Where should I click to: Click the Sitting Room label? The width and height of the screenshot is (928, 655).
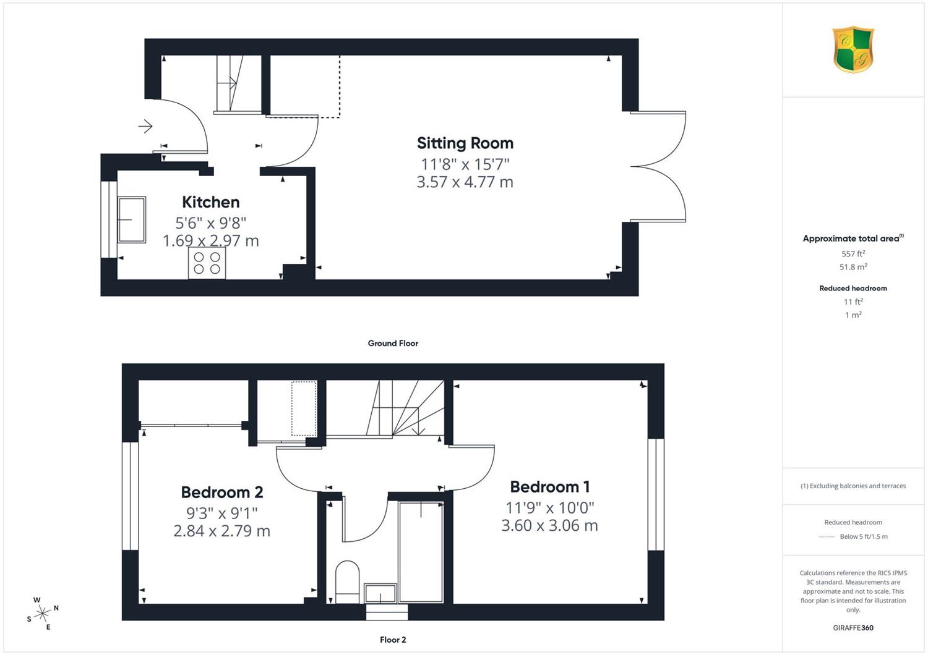click(465, 143)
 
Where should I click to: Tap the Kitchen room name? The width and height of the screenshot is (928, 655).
click(210, 202)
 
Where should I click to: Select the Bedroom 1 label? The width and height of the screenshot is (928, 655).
click(550, 486)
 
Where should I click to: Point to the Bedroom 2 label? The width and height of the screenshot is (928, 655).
click(222, 492)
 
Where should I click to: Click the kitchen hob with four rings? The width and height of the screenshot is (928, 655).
click(207, 263)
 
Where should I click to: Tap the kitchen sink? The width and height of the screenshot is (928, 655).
click(132, 220)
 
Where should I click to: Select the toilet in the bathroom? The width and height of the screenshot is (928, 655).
click(347, 581)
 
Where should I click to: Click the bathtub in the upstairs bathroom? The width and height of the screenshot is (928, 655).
click(421, 552)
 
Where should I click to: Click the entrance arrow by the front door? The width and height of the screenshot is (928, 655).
click(145, 126)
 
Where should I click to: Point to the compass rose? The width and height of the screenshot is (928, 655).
click(43, 613)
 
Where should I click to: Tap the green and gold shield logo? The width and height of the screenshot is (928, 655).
click(853, 49)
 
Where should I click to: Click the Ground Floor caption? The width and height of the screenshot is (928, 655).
click(393, 343)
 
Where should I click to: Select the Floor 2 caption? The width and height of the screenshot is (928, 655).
click(393, 640)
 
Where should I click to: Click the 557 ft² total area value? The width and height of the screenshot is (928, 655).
click(853, 253)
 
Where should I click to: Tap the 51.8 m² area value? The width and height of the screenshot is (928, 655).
click(853, 267)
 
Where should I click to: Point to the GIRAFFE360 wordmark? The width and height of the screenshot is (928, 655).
click(853, 628)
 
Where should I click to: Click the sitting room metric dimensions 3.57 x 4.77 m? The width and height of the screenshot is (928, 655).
click(465, 182)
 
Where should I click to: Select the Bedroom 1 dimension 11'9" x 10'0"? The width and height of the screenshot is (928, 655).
click(550, 508)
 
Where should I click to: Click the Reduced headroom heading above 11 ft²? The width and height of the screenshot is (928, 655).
click(853, 289)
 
